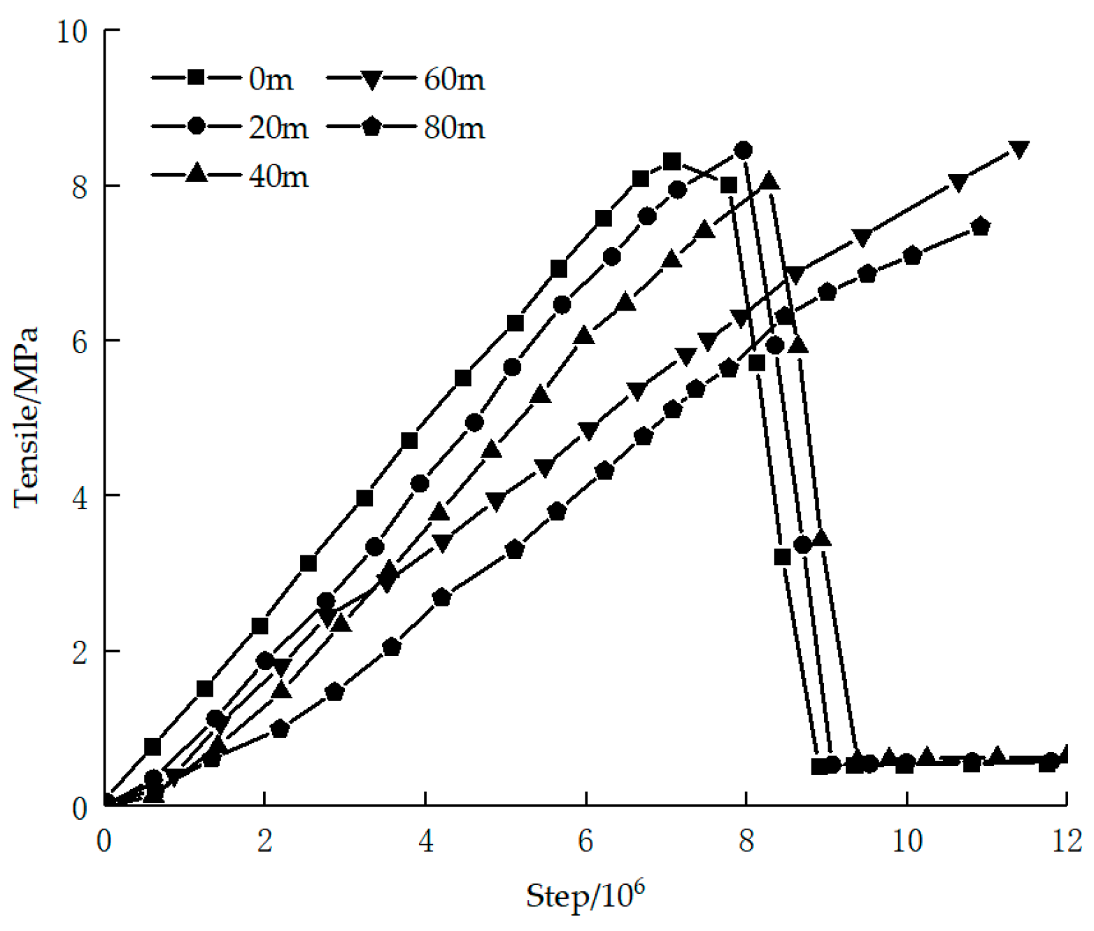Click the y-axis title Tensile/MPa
click(x=27, y=417)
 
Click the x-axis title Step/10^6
click(x=585, y=895)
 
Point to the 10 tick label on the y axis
click(x=72, y=31)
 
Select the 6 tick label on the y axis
click(x=80, y=341)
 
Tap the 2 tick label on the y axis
click(x=80, y=652)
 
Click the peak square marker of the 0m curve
click(x=672, y=162)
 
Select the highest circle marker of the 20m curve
click(x=744, y=150)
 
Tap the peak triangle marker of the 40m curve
click(x=770, y=180)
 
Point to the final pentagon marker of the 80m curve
click(x=981, y=226)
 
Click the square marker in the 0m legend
click(x=196, y=77)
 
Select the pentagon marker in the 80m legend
click(x=371, y=127)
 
